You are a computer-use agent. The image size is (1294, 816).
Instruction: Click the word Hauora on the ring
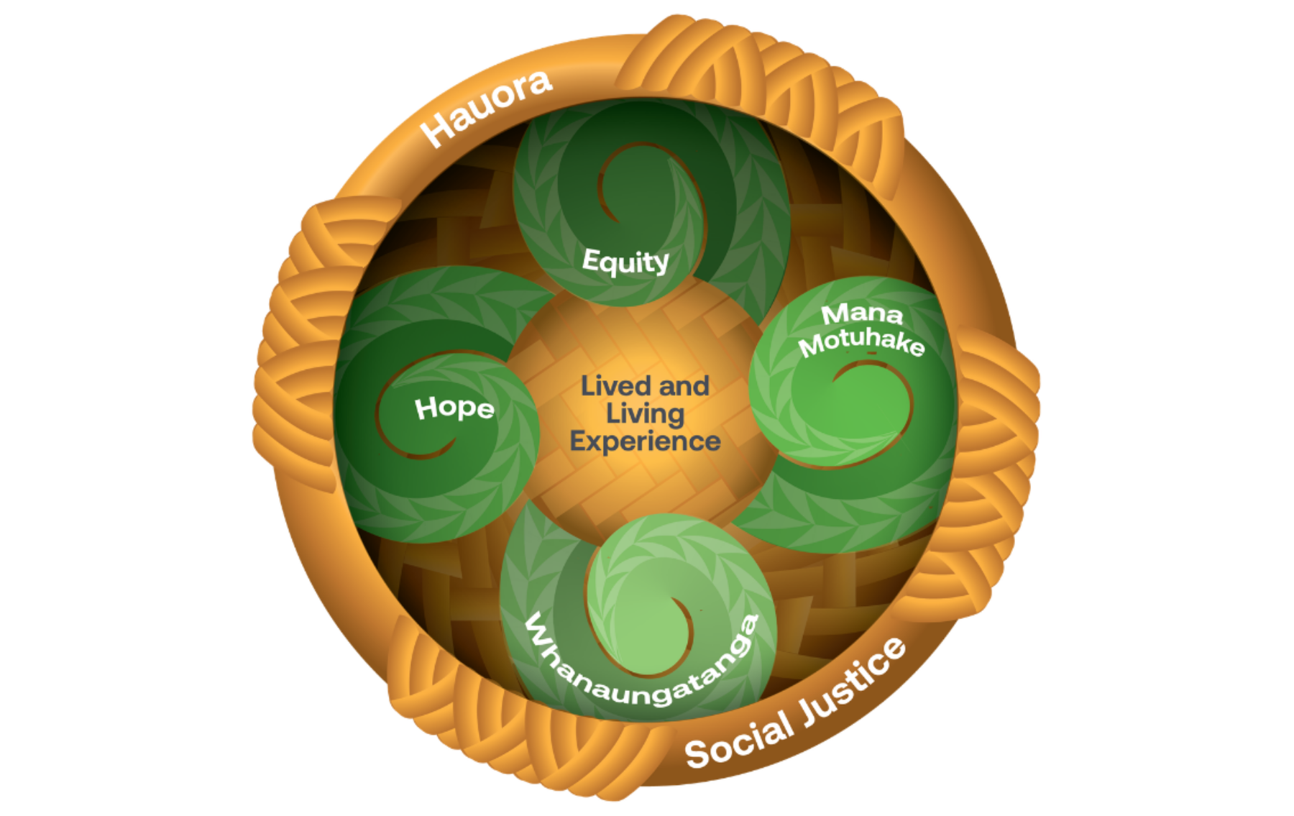pyautogui.click(x=486, y=108)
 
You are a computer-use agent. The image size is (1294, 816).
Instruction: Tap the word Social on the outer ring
pyautogui.click(x=740, y=741)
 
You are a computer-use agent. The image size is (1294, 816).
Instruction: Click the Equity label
pyautogui.click(x=625, y=262)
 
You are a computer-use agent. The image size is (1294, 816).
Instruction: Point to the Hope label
pyautogui.click(x=454, y=409)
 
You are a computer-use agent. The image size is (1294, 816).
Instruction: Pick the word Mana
pyautogui.click(x=862, y=314)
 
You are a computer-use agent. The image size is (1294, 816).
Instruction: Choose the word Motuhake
pyautogui.click(x=862, y=342)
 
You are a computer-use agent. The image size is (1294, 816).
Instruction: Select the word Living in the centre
pyautogui.click(x=645, y=415)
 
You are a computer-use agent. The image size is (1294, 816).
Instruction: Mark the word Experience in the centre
pyautogui.click(x=645, y=441)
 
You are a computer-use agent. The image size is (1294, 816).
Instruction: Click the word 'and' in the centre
pyautogui.click(x=684, y=386)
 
